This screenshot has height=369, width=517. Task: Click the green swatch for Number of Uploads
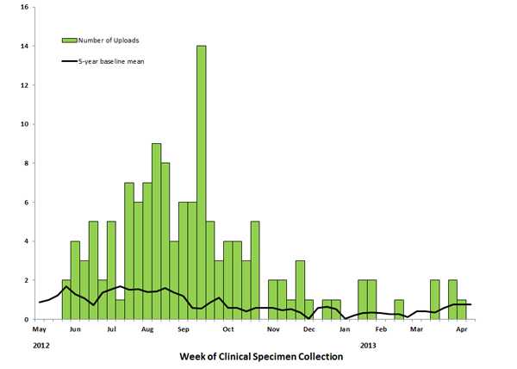[68, 40]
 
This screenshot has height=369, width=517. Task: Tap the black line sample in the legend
[68, 60]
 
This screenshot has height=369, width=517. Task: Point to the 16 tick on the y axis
[23, 7]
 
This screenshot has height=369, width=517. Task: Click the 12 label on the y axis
[23, 85]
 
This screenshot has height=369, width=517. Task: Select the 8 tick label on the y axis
[25, 163]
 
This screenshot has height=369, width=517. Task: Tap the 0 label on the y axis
[25, 320]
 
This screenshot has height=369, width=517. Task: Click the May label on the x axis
[39, 330]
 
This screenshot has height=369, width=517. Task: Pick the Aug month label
[147, 330]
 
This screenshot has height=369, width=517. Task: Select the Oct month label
[228, 330]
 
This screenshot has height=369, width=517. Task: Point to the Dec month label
[308, 330]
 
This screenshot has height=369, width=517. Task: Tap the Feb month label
[380, 330]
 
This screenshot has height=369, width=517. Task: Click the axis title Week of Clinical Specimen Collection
[261, 356]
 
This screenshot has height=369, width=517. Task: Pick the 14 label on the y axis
[23, 46]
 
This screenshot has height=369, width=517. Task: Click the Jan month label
[345, 330]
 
